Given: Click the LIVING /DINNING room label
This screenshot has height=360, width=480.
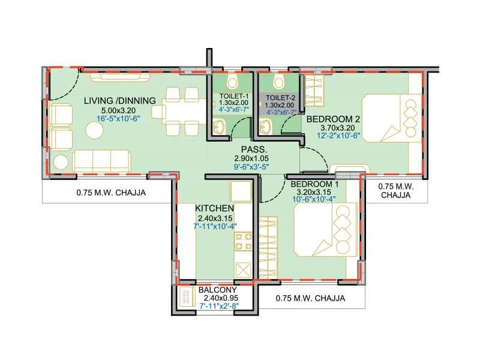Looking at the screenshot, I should (x=119, y=100).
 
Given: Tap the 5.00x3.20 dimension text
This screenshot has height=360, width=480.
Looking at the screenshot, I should (x=119, y=110).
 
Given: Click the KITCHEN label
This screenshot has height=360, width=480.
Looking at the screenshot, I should (x=215, y=208).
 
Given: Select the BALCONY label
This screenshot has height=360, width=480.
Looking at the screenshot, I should (x=217, y=289).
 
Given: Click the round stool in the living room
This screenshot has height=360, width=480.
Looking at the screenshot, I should (x=61, y=161).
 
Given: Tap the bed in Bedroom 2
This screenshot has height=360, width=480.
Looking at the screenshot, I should (x=392, y=118).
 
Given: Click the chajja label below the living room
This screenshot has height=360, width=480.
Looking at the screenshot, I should (x=112, y=193).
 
